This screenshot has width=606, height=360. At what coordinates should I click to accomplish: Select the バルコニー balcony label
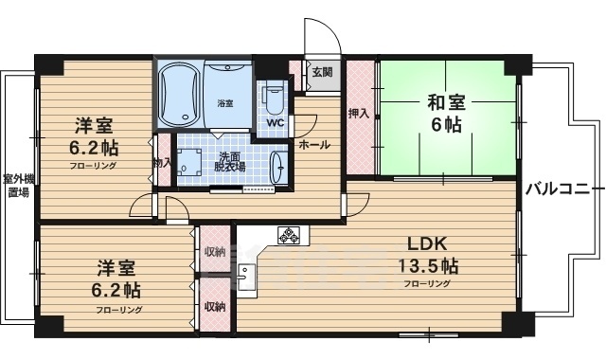[561, 186]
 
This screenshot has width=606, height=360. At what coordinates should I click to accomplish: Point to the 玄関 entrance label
[321, 71]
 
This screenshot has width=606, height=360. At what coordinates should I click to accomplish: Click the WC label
[275, 123]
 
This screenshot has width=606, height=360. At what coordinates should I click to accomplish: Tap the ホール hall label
[314, 145]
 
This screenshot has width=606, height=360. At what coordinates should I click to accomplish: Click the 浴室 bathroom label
[225, 102]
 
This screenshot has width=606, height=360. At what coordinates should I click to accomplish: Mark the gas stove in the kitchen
[288, 234]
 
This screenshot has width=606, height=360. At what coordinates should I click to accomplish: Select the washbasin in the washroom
[277, 166]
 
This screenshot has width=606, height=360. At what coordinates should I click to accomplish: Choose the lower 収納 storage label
[215, 306]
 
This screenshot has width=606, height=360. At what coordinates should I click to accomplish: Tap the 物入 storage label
[162, 163]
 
